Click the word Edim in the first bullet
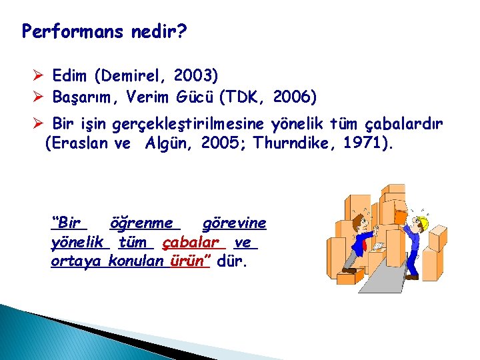(x=69, y=75)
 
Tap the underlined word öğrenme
(x=141, y=223)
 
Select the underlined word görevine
(x=233, y=223)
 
